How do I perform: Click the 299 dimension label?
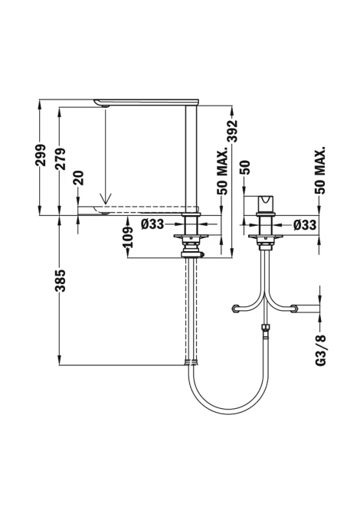point(41,155)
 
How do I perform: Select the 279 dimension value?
point(61,158)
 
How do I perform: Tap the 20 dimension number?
point(79,178)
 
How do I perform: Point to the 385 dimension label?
point(61,280)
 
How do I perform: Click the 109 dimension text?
point(129,237)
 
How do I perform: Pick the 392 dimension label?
point(232,132)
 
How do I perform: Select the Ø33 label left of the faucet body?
point(152,224)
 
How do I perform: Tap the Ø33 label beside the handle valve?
point(305,225)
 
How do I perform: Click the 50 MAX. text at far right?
point(320,170)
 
